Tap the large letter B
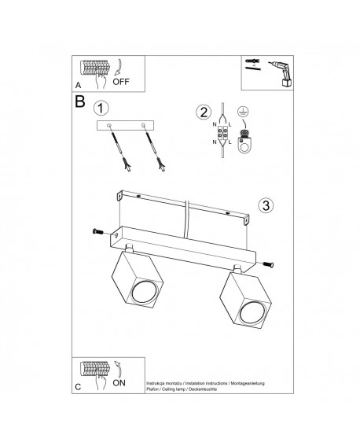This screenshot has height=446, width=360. pyautogui.click(x=81, y=102)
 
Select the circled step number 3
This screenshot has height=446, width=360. pyautogui.click(x=266, y=206)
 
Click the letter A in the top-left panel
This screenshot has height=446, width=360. pyautogui.click(x=78, y=83)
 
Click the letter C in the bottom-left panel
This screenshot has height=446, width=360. pyautogui.click(x=78, y=388)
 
